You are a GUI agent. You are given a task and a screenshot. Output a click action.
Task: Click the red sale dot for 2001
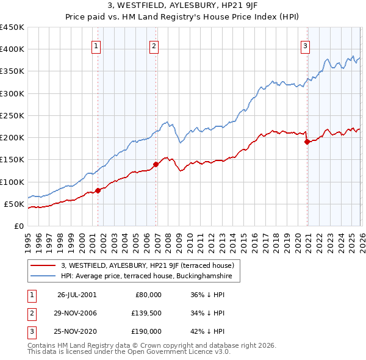(98, 190)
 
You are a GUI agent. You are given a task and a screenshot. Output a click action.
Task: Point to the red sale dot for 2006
(156, 164)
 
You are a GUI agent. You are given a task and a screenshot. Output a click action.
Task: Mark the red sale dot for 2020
(307, 142)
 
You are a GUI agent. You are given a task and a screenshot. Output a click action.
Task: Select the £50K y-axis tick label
(14, 204)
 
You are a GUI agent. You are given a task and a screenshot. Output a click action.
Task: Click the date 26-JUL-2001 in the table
(77, 294)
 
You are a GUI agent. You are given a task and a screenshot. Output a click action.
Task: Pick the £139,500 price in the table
(146, 313)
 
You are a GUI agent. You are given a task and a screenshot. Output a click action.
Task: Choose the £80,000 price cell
(148, 294)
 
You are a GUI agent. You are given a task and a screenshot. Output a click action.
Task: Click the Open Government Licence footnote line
(129, 352)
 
